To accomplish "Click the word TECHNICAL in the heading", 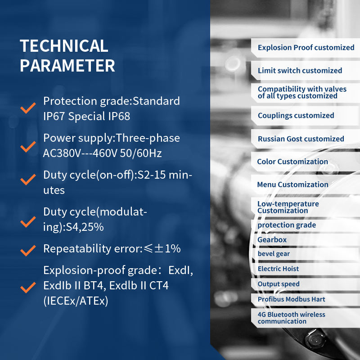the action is click(x=64, y=46).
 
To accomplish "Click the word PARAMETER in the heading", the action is click(x=67, y=66).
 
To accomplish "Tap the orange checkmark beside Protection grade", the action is click(x=28, y=108).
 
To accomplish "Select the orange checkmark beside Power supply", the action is click(x=28, y=147).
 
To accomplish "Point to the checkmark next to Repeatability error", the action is click(x=28, y=250).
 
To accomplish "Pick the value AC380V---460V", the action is click(x=80, y=153).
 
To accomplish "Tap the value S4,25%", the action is click(x=85, y=227).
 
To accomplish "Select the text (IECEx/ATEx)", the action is click(x=76, y=301).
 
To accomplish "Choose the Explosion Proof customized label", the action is click(x=306, y=48).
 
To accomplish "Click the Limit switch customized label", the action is click(x=300, y=71).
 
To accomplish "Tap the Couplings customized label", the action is click(x=296, y=116).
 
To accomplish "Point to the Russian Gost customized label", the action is click(x=301, y=139).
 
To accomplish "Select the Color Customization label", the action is click(x=292, y=162).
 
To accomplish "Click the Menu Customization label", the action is click(x=293, y=184).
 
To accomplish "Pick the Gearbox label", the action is click(x=272, y=240).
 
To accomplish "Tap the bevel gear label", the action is click(x=274, y=254).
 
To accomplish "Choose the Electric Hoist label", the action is click(x=278, y=269).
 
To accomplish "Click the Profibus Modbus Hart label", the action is click(x=291, y=299).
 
